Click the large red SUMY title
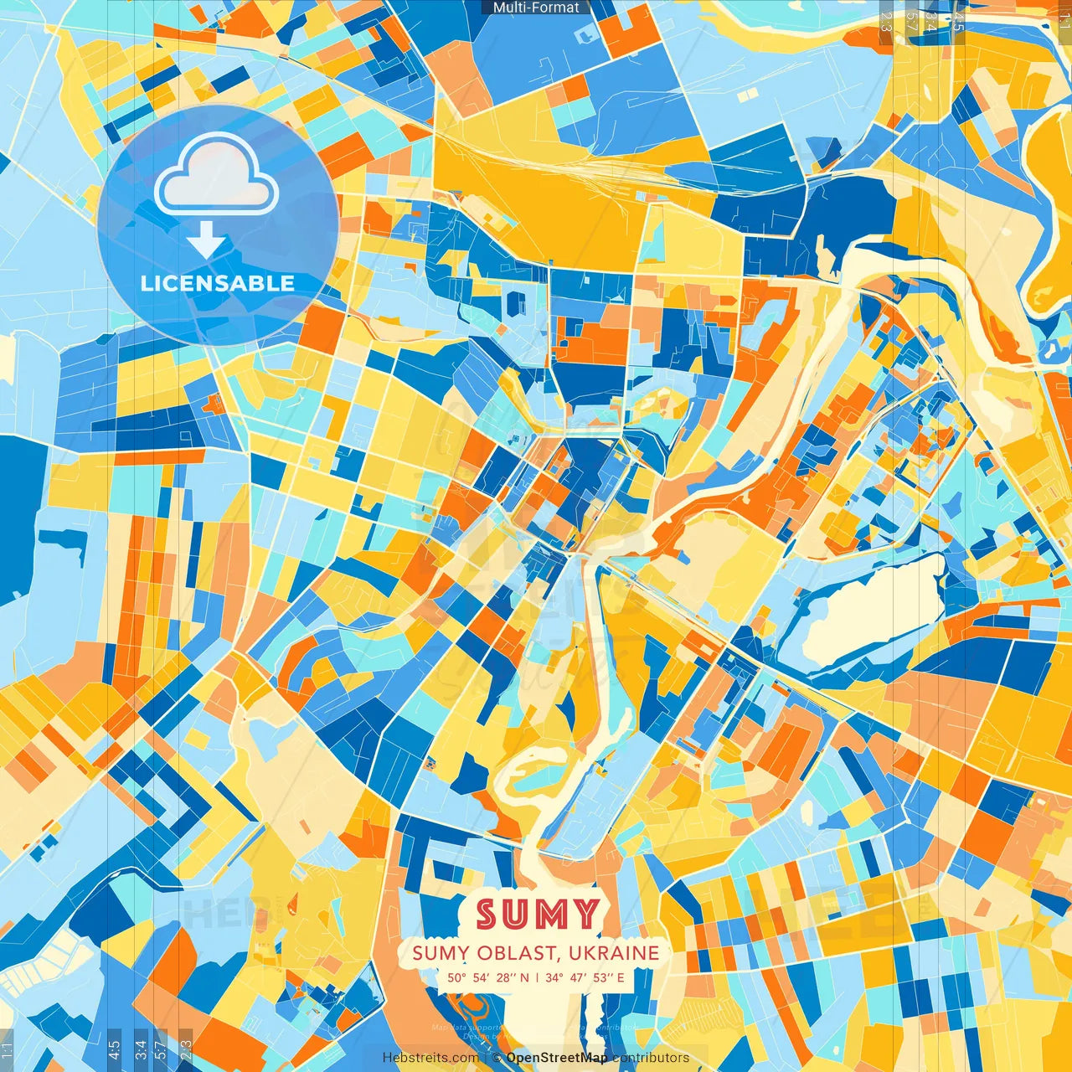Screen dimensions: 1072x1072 [x=539, y=915]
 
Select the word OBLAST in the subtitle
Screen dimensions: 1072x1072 [x=511, y=953]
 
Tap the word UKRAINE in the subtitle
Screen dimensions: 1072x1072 [x=613, y=953]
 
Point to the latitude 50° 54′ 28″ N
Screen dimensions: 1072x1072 [x=487, y=977]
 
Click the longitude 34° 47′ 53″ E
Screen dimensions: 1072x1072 [x=585, y=977]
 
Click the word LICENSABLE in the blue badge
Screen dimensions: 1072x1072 [x=218, y=283]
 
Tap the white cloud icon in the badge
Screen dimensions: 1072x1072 [x=216, y=176]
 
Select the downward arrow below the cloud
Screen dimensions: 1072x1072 [x=206, y=242]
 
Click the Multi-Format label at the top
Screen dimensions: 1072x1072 [x=536, y=8]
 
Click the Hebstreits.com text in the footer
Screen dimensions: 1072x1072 [x=430, y=1058]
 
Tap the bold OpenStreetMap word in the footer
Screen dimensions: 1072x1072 [x=557, y=1058]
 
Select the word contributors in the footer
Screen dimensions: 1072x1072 [x=651, y=1058]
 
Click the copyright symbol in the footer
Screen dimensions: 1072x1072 [x=497, y=1058]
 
